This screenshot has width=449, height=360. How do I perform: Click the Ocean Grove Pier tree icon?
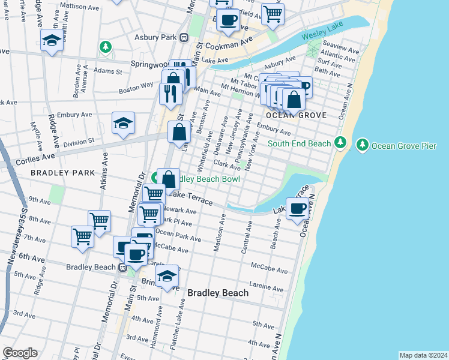pyautogui.click(x=362, y=145)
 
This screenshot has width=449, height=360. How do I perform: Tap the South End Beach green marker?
pyautogui.click(x=340, y=143)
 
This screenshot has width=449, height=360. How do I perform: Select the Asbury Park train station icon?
pyautogui.click(x=184, y=37)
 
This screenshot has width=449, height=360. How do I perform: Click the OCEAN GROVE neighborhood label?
pyautogui.click(x=298, y=115)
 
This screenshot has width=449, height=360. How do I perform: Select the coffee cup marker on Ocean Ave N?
pyautogui.click(x=297, y=209)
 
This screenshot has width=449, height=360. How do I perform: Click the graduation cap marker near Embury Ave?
pyautogui.click(x=123, y=123)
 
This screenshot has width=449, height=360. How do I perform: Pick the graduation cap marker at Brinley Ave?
pyautogui.click(x=167, y=276)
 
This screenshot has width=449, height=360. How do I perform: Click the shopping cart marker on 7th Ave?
pyautogui.click(x=82, y=235)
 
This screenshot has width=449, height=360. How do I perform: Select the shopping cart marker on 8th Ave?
pyautogui.click(x=99, y=220)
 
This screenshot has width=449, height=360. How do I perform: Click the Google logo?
pyautogui.click(x=20, y=353)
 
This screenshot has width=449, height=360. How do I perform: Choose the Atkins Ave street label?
pyautogui.click(x=104, y=170)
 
